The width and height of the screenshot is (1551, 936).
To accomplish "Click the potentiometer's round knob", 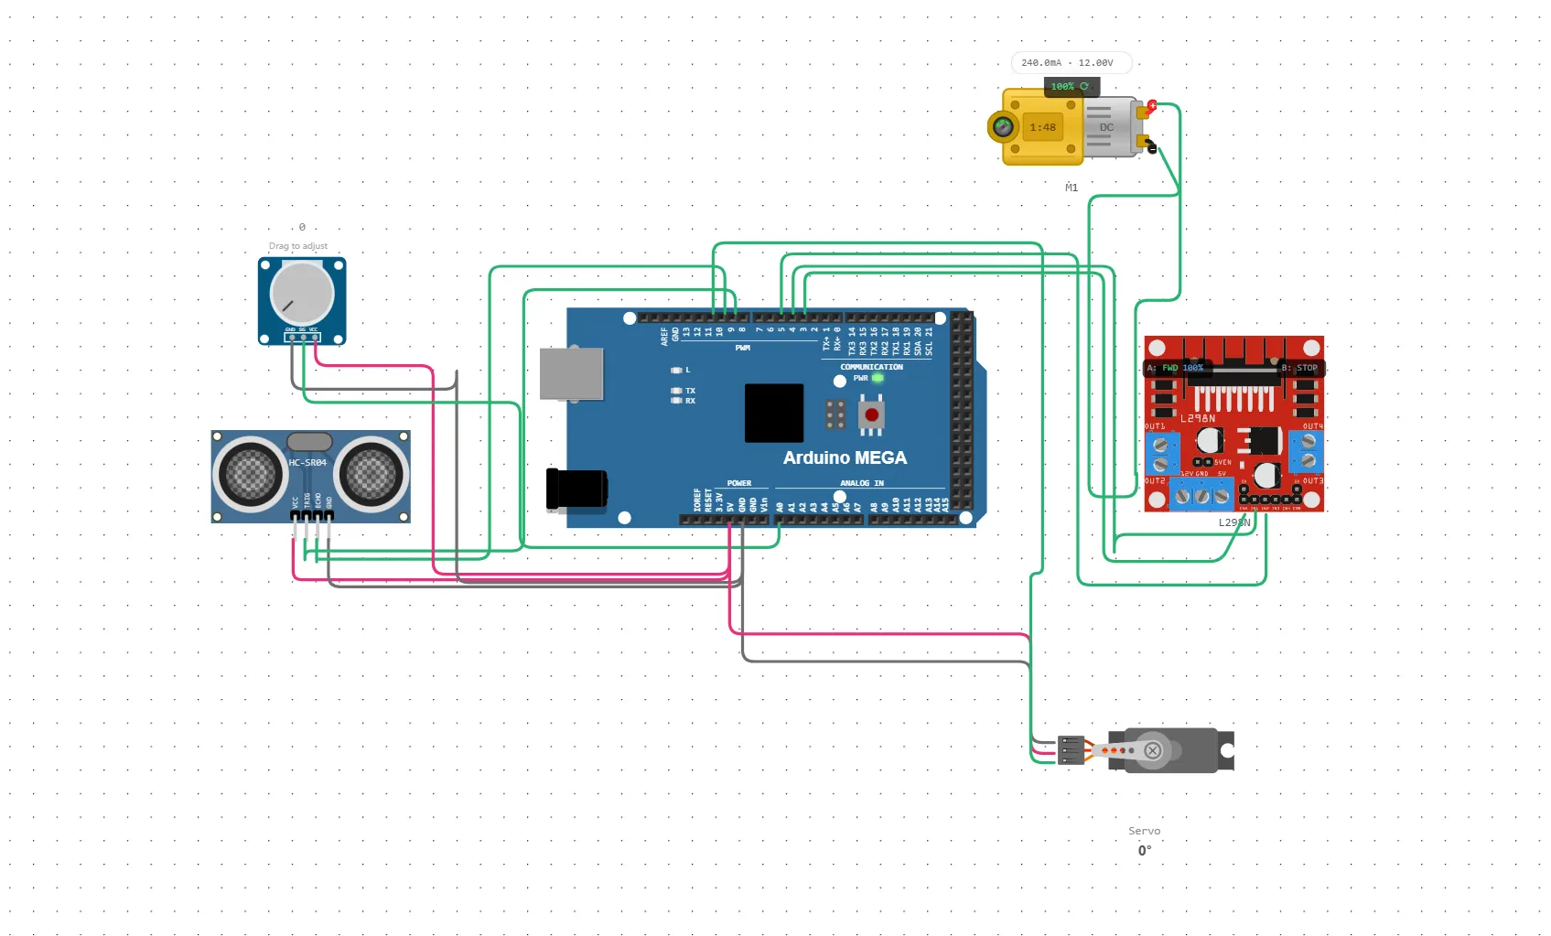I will pos(301,294).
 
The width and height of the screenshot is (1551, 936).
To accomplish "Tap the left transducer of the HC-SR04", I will pos(250,474).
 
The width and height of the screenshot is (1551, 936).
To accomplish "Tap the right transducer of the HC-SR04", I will pos(372,474).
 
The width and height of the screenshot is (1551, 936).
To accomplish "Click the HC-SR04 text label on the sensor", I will pos(307,463).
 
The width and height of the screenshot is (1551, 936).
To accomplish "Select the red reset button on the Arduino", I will pos(871,415).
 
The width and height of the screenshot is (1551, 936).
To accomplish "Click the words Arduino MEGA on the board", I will pos(845,457).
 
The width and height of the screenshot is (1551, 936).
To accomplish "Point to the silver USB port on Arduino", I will pos(571,373).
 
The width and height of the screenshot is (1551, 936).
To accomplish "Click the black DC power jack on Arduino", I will pos(576,488).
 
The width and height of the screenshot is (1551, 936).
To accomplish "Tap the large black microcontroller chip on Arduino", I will pos(773,413).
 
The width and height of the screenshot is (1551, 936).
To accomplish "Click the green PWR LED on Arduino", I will pos(878,378).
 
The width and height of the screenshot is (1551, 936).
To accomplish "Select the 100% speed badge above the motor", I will pos(1070,86).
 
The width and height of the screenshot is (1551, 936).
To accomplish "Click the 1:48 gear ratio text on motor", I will pos(1042,127).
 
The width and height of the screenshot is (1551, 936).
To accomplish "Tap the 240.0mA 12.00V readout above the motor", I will pos(1068,63).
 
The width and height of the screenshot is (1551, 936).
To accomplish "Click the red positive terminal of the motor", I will pos(1151,106).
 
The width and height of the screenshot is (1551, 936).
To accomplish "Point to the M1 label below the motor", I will pos(1071,188).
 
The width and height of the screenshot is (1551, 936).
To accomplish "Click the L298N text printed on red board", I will pos(1198,418).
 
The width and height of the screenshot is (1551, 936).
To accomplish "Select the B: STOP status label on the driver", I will pos(1299,368).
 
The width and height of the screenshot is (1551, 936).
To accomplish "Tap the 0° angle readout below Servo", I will pos(1145,851).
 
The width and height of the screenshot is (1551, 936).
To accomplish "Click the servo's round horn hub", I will pos(1152,750).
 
